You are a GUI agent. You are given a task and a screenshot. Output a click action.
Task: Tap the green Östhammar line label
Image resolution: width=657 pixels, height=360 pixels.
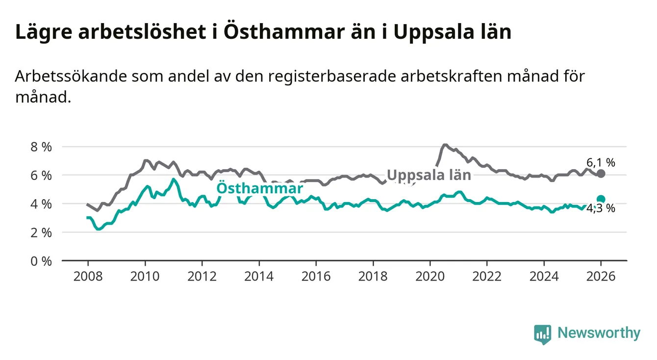(259, 189)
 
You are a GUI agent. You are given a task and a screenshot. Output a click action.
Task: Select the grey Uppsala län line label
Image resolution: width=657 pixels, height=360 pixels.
(429, 175)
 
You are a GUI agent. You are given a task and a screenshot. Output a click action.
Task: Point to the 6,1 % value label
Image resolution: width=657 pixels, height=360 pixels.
(601, 162)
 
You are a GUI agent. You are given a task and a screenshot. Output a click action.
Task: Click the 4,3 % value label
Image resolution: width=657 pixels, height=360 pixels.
(601, 208)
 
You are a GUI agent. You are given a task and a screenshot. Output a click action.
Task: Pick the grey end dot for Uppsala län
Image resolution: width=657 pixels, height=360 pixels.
(601, 174)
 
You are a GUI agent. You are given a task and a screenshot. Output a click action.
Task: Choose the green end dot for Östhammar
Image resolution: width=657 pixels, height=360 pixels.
(601, 199)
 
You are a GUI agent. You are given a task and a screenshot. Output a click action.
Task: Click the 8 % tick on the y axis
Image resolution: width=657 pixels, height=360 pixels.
(41, 147)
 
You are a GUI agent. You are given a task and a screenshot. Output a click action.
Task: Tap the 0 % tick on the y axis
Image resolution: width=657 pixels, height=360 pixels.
(41, 261)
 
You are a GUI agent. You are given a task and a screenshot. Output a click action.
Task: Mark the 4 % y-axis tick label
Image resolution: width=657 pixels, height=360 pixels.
(41, 204)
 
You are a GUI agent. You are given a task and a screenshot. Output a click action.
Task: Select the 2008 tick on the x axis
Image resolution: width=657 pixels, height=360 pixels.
(88, 276)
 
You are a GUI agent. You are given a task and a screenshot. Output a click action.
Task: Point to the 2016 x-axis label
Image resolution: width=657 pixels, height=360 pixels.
(316, 276)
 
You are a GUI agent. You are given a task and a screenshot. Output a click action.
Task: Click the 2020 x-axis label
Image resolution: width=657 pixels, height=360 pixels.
(430, 276)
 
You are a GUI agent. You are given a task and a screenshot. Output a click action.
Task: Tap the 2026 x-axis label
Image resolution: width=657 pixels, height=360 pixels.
(601, 276)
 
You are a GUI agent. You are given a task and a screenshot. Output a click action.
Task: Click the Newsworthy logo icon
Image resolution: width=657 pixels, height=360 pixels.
(542, 334)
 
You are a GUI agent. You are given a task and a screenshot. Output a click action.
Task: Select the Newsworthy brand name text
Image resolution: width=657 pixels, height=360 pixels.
(599, 334)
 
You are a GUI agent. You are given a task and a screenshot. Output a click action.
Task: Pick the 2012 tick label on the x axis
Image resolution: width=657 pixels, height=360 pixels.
(202, 276)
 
